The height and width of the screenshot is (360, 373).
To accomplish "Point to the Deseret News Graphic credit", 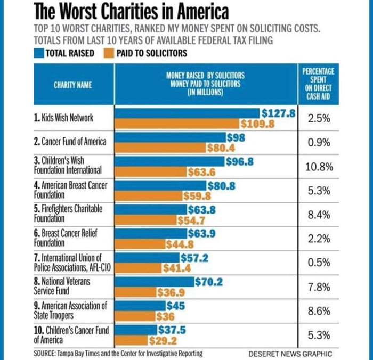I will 289,354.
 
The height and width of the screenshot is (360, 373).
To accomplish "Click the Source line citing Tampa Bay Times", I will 118,353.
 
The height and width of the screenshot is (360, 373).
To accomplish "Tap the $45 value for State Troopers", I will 175,306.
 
